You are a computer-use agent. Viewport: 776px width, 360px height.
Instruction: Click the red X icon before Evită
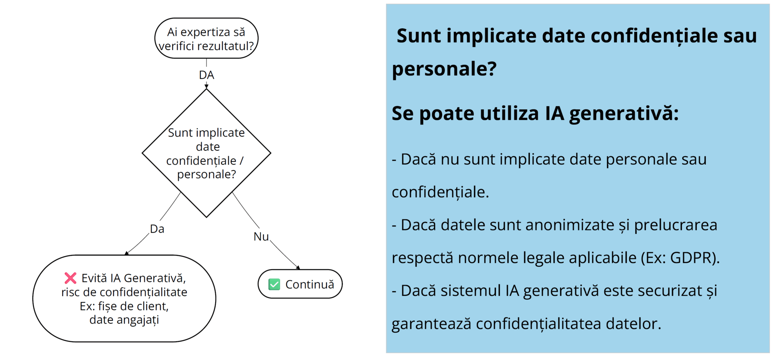[x=70, y=278]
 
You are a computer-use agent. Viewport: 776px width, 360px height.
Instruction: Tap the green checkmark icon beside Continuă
[x=274, y=284]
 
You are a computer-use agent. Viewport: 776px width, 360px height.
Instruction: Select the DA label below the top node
[x=207, y=75]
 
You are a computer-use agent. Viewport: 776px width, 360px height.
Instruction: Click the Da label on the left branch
[x=157, y=229]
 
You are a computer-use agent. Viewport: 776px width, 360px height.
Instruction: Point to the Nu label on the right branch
[x=261, y=237]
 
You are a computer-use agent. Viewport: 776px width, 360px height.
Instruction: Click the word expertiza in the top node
[x=205, y=32]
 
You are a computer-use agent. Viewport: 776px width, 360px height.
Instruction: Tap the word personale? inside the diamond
[x=207, y=175]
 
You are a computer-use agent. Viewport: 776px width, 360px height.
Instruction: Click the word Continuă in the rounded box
[x=310, y=284]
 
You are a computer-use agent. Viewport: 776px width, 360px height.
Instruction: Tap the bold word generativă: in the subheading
[x=624, y=114]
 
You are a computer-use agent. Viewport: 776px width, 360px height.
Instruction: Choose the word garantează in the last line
[x=431, y=324]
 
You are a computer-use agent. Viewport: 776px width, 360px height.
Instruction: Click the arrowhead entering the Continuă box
[x=298, y=267]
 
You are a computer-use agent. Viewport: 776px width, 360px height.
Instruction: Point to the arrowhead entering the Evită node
[x=127, y=253]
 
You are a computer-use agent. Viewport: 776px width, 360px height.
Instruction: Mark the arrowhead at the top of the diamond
[x=207, y=86]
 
